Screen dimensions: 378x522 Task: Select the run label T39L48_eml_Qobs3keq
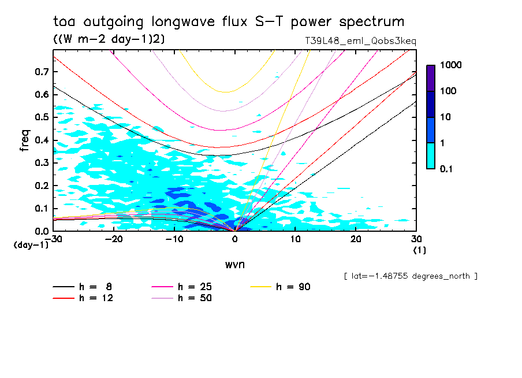[360, 42]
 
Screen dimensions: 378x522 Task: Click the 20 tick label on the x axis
[356, 238]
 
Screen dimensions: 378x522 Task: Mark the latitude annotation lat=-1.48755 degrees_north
[411, 276]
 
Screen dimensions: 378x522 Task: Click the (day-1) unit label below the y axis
[31, 244]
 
